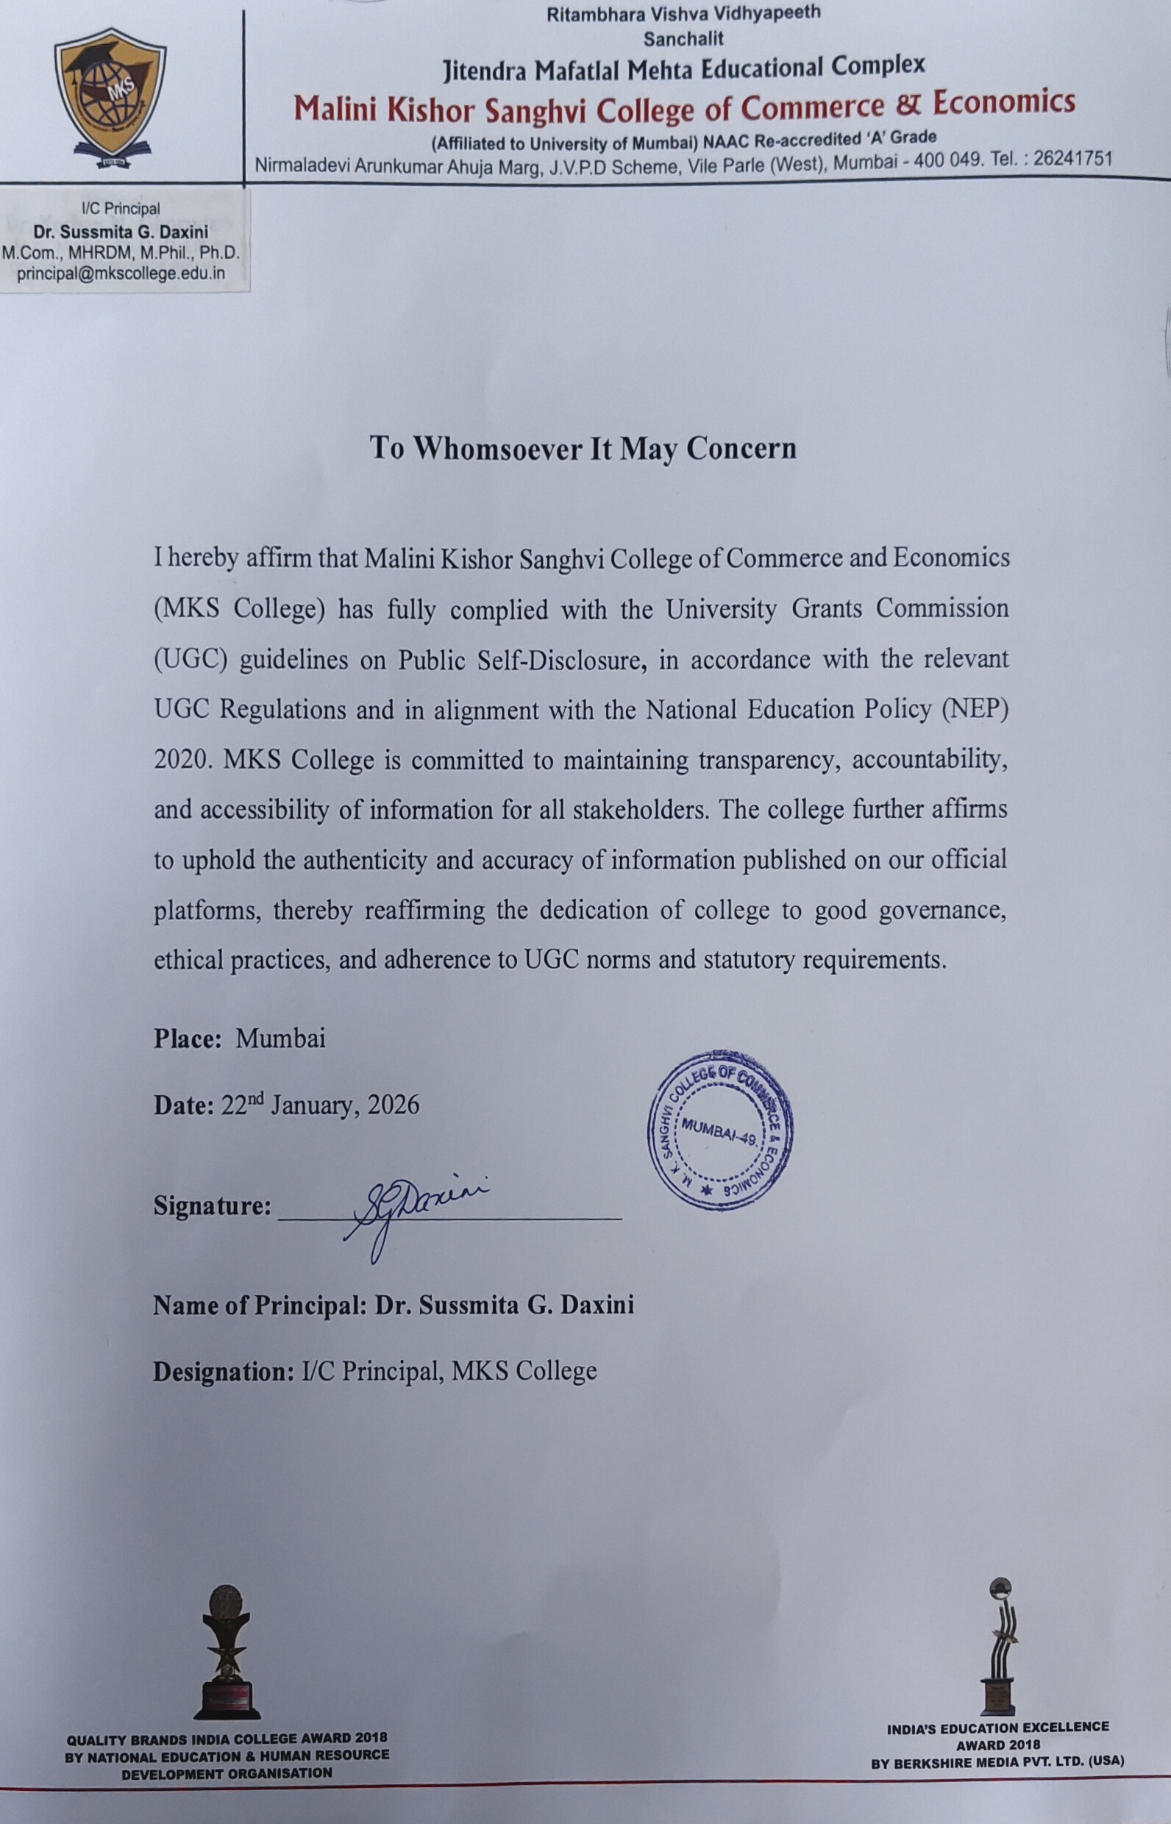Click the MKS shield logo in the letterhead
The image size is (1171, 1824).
coord(110,97)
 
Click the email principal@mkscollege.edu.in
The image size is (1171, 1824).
coord(121,274)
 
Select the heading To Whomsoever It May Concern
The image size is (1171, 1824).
coord(583,448)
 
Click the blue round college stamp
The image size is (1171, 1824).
coord(719,1130)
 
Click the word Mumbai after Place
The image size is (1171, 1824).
coord(280,1038)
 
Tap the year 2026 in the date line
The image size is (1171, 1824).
coord(393,1104)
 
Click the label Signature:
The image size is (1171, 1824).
coord(212,1205)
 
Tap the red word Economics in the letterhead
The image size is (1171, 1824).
coord(1004,102)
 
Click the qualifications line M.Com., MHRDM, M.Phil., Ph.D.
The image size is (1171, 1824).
coord(121,252)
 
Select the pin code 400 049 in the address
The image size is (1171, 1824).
coord(943,161)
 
